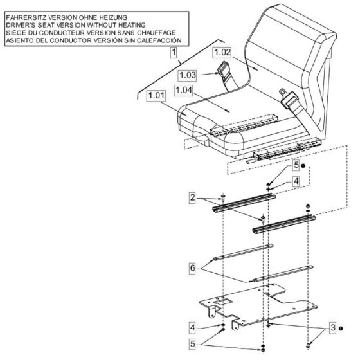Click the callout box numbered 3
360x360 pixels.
pyautogui.click(x=331, y=327)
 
